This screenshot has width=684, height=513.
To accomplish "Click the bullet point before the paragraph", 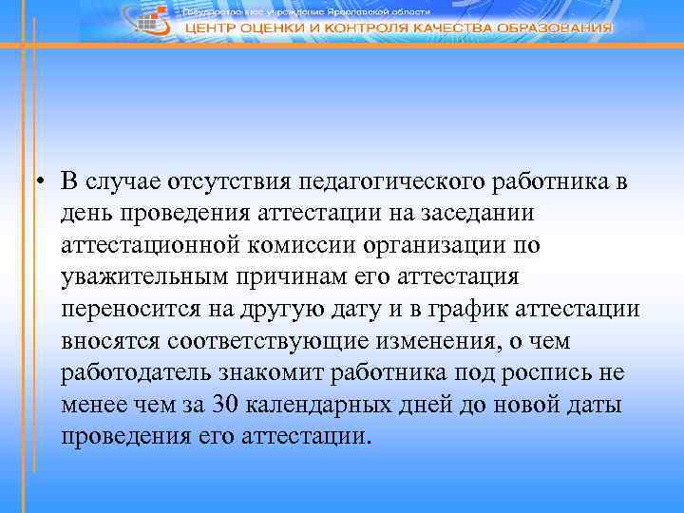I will point(43,182).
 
